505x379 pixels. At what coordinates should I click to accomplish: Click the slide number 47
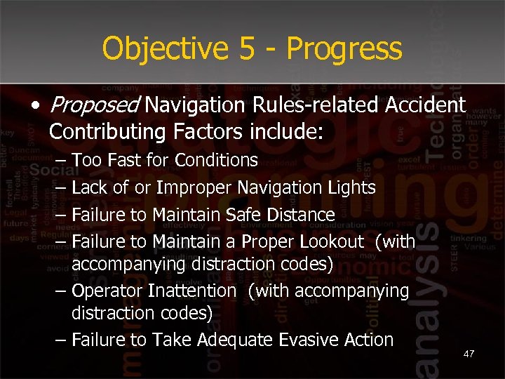pyautogui.click(x=469, y=354)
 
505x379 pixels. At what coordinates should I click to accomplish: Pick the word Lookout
pyautogui.click(x=330, y=242)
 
